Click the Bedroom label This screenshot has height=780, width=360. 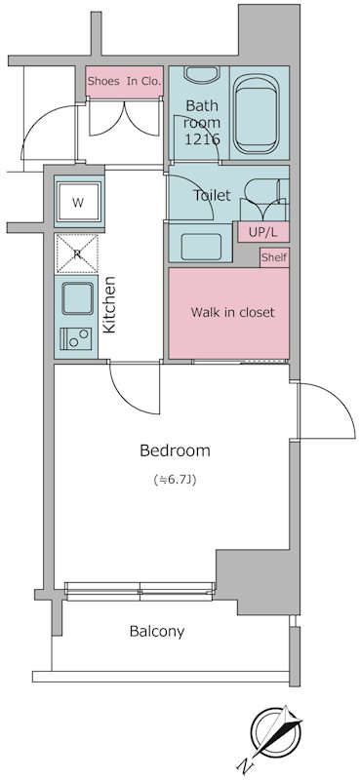click(x=175, y=450)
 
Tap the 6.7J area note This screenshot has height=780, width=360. click(x=175, y=481)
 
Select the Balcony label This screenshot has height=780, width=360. click(x=157, y=632)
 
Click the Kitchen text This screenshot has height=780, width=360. click(x=109, y=304)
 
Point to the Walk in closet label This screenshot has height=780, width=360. click(x=232, y=312)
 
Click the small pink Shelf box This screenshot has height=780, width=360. click(x=274, y=257)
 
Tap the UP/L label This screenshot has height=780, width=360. click(x=262, y=232)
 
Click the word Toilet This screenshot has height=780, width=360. click(x=212, y=195)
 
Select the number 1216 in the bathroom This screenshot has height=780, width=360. click(x=202, y=139)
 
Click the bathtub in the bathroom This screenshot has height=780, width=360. click(x=257, y=115)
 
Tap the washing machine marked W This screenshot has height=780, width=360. click(x=79, y=202)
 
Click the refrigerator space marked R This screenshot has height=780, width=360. click(x=77, y=253)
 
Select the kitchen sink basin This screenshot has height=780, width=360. click(x=77, y=298)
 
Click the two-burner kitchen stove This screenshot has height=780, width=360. click(x=76, y=339)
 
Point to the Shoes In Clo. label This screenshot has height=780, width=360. click(x=125, y=82)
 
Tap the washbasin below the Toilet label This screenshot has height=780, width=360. click(x=200, y=247)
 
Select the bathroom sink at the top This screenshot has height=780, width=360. click(x=201, y=74)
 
